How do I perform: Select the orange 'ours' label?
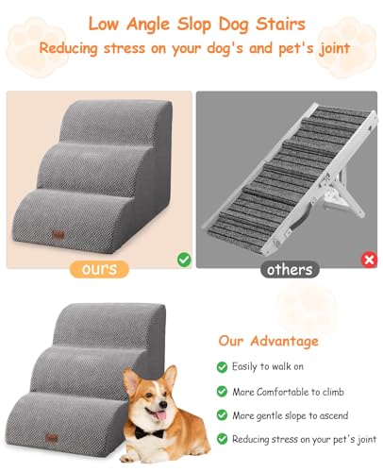point(99,269)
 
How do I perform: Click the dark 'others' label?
point(289,269)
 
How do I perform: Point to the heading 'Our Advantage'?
point(268,341)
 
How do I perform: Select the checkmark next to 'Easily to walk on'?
point(222,366)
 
